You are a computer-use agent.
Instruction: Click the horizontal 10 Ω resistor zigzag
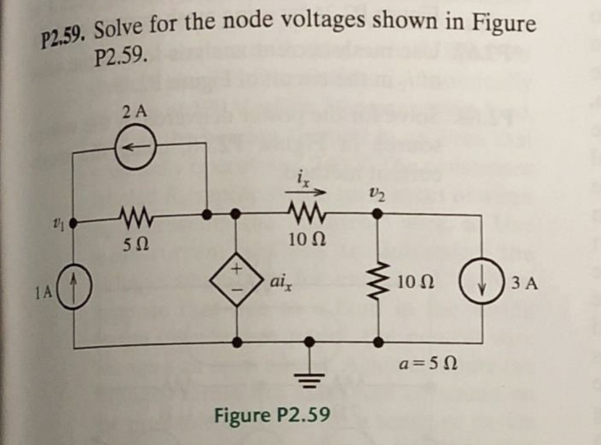[304, 212]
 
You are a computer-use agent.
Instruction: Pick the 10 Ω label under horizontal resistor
[305, 242]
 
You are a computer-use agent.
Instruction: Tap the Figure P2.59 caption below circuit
[273, 416]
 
